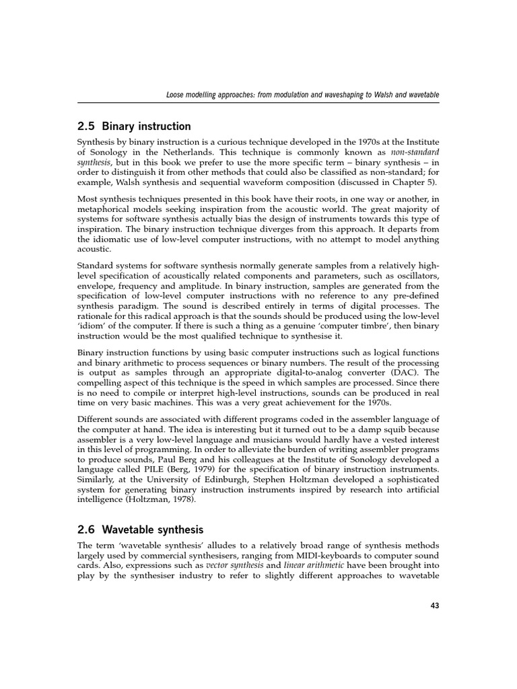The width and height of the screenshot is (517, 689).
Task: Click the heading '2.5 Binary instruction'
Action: pos(134,126)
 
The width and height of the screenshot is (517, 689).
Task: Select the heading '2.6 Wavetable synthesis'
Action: pos(140,530)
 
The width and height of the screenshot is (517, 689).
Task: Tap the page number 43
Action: pos(434,606)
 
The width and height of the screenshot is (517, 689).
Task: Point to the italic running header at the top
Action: pos(302,96)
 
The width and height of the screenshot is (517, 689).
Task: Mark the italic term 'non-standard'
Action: pos(413,153)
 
